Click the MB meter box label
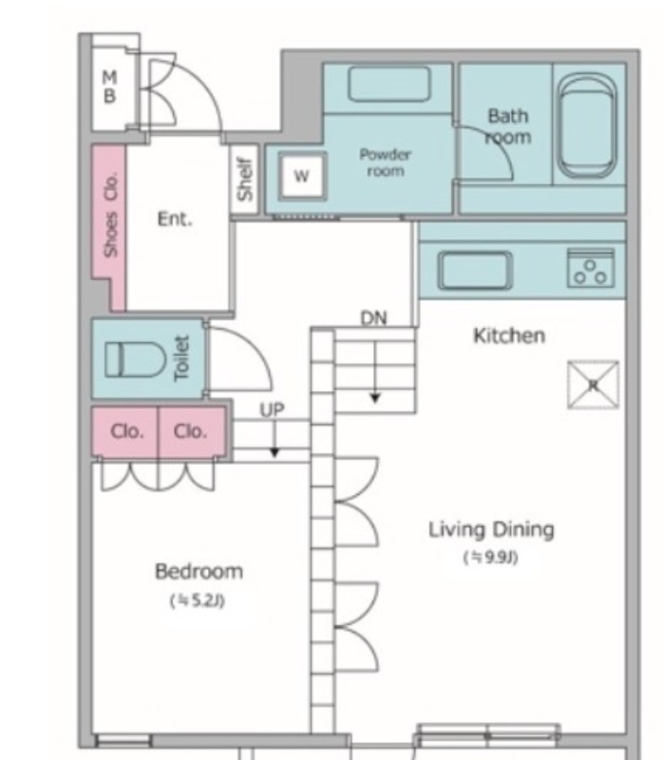click(110, 86)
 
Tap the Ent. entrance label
click(175, 219)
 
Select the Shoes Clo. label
click(111, 215)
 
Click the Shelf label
click(245, 179)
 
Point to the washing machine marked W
click(302, 176)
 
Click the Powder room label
click(386, 162)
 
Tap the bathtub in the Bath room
click(587, 126)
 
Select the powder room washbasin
click(389, 85)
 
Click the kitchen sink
click(475, 270)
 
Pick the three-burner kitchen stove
click(590, 268)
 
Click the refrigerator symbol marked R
click(593, 385)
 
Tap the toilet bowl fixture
click(136, 359)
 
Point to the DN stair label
click(373, 318)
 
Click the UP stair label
click(272, 410)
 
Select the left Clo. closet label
click(127, 431)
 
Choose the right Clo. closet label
click(190, 431)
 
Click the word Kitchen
click(509, 335)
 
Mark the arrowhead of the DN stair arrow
click(375, 398)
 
